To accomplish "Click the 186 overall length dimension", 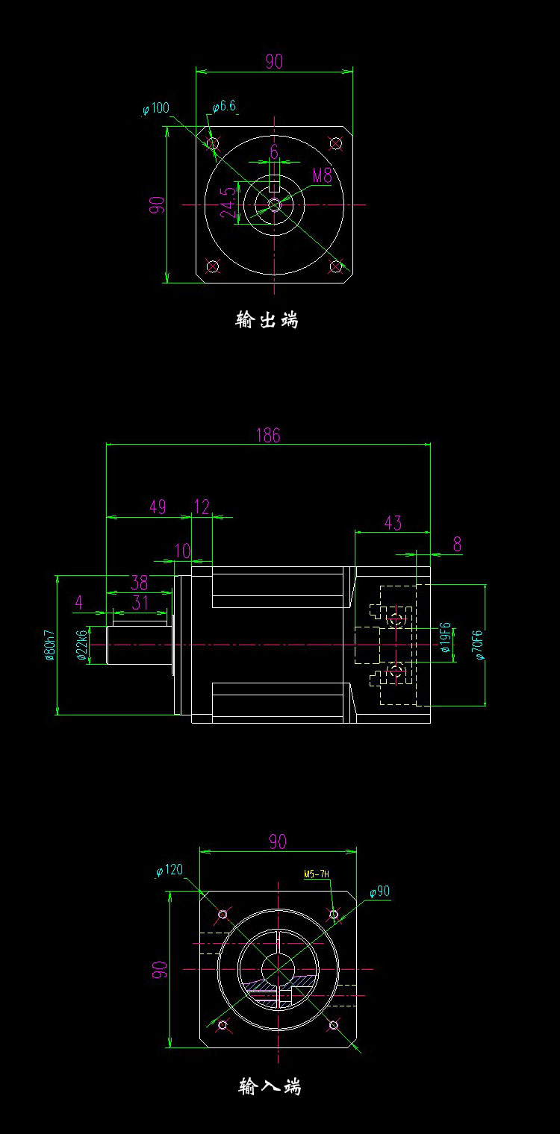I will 268,435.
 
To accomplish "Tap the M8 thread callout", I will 322,176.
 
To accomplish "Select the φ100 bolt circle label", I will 155,109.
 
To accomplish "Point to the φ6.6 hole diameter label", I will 224,107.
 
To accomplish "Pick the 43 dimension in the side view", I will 392,523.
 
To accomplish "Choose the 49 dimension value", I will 158,507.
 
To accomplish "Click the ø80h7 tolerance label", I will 50,645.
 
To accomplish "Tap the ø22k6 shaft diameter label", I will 82,645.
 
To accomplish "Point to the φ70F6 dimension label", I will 479,645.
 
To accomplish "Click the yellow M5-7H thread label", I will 317,874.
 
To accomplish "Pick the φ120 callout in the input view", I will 169,870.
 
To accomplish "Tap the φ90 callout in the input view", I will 379,892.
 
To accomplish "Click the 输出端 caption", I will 267,320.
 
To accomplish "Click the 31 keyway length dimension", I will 140,602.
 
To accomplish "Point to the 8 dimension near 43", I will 457,545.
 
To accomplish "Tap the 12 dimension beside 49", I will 202,507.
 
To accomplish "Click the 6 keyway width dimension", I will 274,152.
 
